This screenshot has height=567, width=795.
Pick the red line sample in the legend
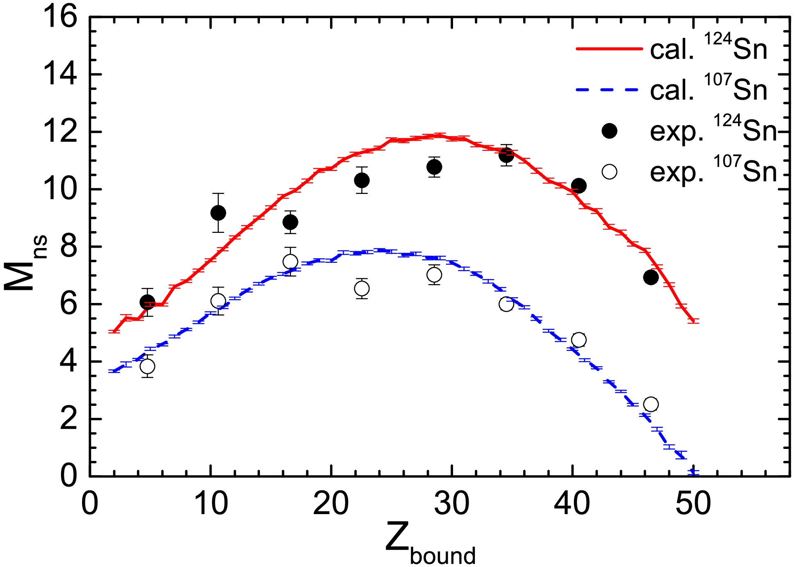point(609,49)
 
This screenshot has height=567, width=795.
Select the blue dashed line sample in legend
point(609,90)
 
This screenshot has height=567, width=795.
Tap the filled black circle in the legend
point(609,131)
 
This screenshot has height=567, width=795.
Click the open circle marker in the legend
point(609,172)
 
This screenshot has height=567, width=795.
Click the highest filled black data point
point(506,155)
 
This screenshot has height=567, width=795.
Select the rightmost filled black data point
point(651,278)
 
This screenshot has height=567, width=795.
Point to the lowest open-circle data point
point(651,404)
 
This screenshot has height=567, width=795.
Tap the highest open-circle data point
point(290,262)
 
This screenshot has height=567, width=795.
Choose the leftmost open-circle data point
point(147,366)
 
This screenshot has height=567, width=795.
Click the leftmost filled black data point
point(147,303)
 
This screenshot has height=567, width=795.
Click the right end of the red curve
point(693,321)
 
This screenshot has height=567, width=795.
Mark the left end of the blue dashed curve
point(110,371)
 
